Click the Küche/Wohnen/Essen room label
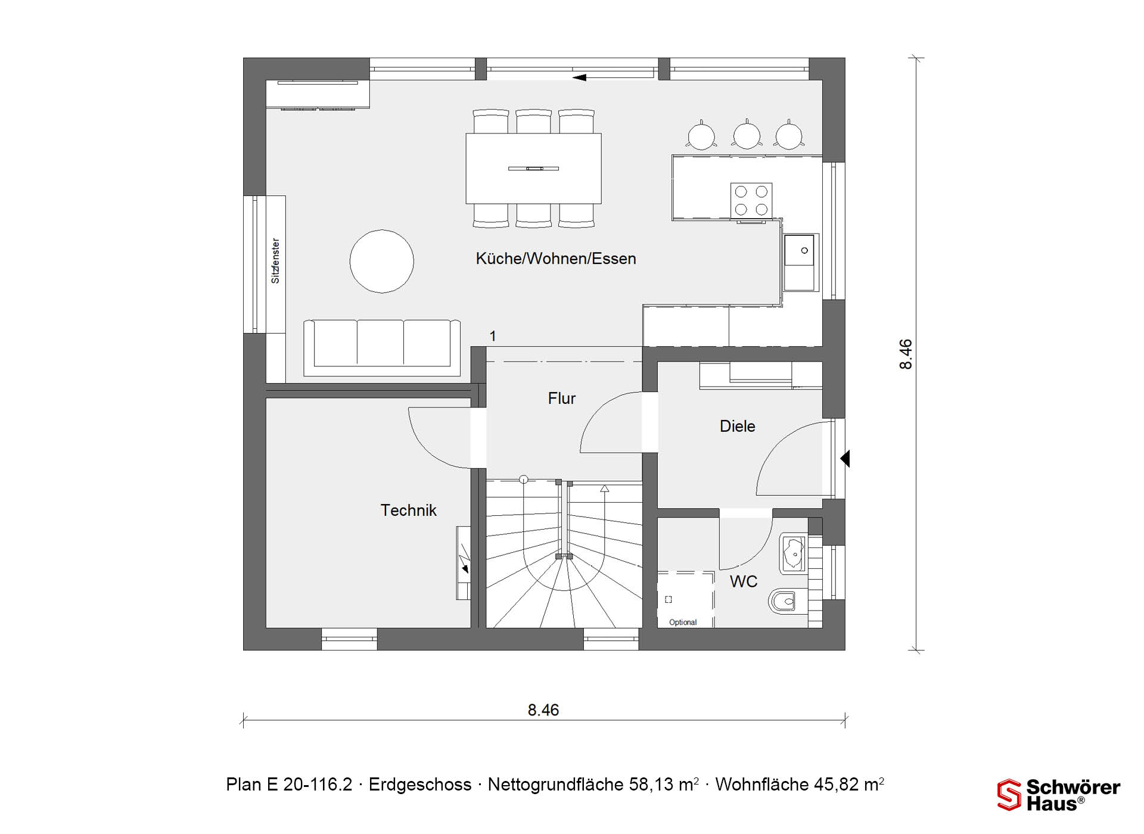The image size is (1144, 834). pos(556,259)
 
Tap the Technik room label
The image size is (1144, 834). pos(409,511)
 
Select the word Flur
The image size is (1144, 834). pos(562,399)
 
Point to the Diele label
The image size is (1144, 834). pos(738,427)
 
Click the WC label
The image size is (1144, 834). pos(744,582)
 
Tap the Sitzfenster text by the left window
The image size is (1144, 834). pos(275,261)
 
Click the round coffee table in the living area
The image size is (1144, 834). pos(382,261)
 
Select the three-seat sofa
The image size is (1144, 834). pos(382,348)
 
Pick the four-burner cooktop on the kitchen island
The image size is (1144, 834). pos(751,201)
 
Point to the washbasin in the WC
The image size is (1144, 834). pos(793,553)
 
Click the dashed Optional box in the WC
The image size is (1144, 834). pos(686,599)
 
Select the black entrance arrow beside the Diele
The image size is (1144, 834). pos(845,459)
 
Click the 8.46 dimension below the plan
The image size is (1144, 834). pos(543,710)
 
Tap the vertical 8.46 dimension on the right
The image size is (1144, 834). pos(906,354)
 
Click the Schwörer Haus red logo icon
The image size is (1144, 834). pos(1009,795)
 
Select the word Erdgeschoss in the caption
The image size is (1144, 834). pos(420,785)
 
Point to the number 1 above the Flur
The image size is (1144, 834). pos(493,337)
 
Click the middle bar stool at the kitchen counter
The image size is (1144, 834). pos(747,135)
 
